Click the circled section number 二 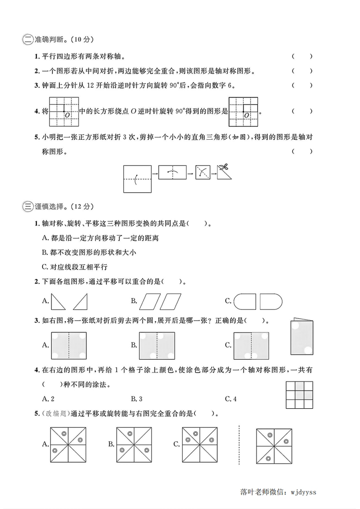click(27, 40)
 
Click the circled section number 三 click(27, 207)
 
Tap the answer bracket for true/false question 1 click(302, 57)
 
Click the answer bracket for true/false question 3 click(302, 85)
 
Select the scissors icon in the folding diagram click(222, 167)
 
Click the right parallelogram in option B click(171, 301)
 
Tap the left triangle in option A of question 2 click(58, 301)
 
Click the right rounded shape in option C click(271, 301)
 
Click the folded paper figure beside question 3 click(301, 336)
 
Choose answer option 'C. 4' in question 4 click(231, 399)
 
